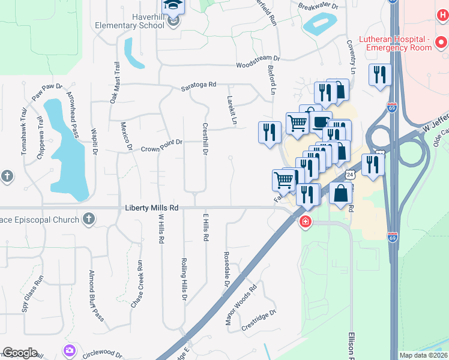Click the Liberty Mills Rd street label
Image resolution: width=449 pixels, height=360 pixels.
(152, 208)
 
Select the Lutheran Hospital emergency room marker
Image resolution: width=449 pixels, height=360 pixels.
(441, 42)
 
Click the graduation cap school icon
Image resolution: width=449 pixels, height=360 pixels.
(173, 5)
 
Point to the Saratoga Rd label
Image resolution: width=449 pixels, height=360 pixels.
(199, 86)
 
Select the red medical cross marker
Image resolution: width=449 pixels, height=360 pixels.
(306, 222)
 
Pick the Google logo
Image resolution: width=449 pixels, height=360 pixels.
(20, 353)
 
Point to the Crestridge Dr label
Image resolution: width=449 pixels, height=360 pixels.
(258, 321)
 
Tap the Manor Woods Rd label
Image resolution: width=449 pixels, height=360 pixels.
(241, 305)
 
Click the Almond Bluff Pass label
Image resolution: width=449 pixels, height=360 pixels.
(96, 296)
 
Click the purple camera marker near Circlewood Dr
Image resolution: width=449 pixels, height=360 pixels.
(70, 350)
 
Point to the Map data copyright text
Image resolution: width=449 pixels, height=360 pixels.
(423, 355)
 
